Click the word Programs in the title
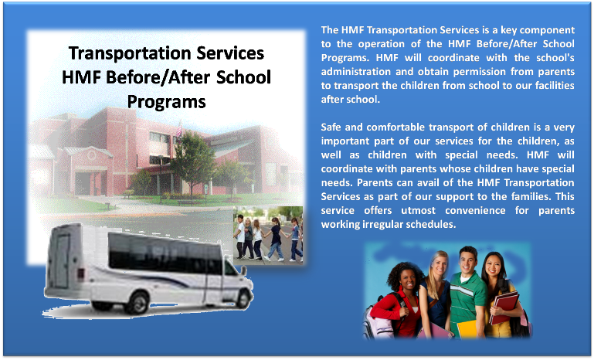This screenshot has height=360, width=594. tap(166, 102)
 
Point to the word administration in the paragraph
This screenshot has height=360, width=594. tap(351, 72)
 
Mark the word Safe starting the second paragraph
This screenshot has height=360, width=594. tap(331, 127)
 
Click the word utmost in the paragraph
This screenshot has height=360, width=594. tap(418, 210)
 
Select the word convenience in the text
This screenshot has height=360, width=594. tap(475, 210)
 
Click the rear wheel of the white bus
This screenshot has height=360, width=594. tap(137, 304)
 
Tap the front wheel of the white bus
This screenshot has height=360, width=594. tap(243, 299)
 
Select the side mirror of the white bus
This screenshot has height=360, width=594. tap(243, 270)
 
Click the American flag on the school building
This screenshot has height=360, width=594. tap(179, 129)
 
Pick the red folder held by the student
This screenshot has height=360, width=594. tap(504, 307)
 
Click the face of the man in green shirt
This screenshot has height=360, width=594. tap(468, 260)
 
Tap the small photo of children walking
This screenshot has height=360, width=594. tap(268, 235)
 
